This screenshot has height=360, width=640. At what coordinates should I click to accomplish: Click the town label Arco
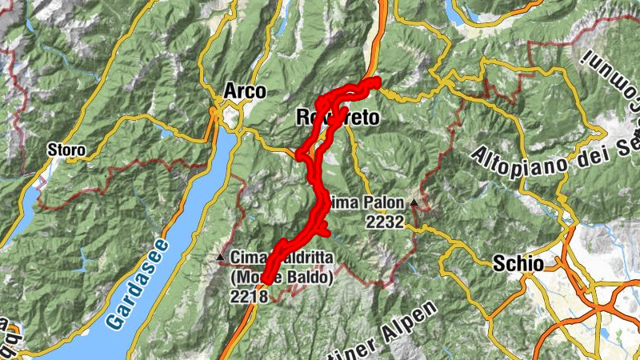coord(245,92)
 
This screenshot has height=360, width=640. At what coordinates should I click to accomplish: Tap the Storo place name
coord(66,150)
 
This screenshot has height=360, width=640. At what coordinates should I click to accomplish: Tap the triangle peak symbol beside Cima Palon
coord(414,203)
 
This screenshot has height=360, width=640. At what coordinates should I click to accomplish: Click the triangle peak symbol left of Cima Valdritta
coord(221,257)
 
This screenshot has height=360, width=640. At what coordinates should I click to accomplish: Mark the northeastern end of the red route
coord(375,81)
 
